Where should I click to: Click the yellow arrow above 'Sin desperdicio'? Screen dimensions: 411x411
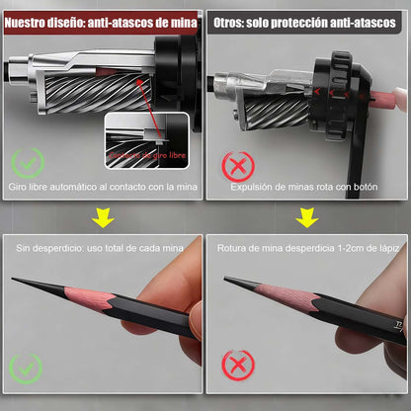click(103, 217)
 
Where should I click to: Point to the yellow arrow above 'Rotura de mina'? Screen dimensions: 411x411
click(308, 217)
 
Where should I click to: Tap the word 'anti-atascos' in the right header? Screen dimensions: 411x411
click(365, 19)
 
